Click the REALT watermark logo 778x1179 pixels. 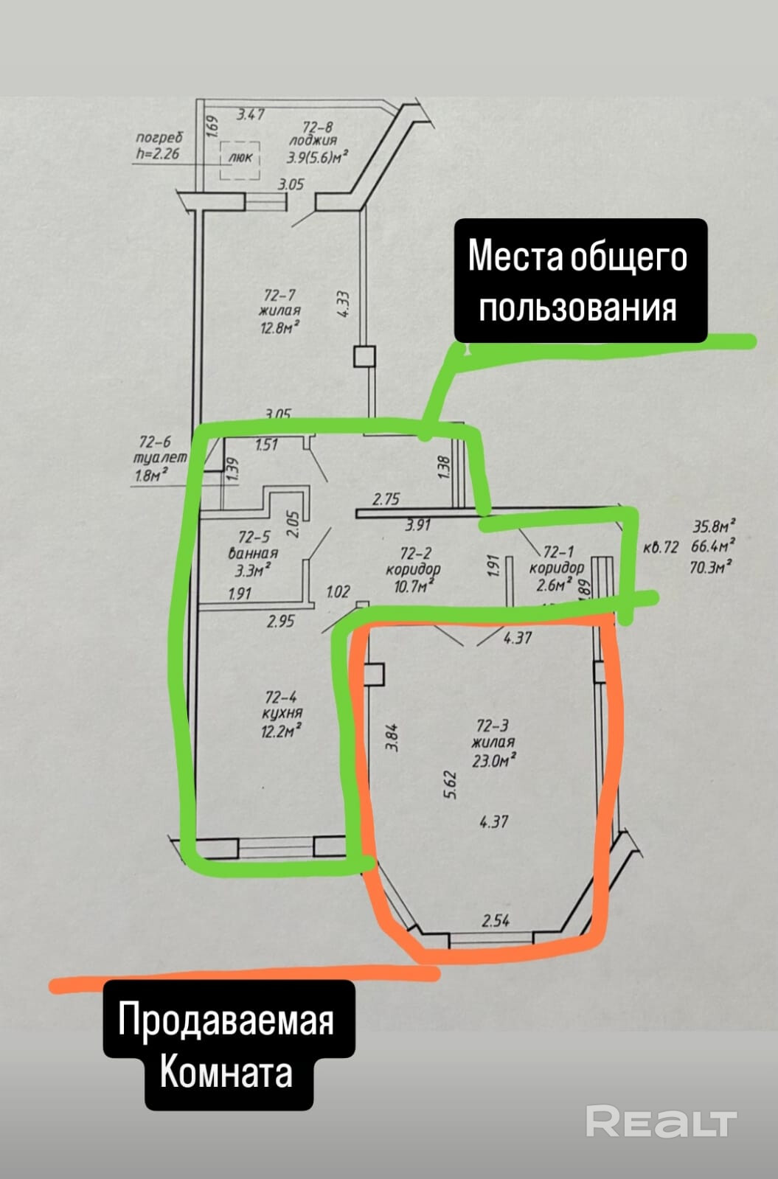pos(661,1121)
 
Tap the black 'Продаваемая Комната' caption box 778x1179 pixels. pos(226,1046)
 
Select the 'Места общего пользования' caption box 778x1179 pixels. pos(580,282)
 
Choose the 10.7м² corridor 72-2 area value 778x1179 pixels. pos(413,585)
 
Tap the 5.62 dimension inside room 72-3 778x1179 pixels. pos(451,785)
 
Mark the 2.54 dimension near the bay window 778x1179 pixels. pos(496,920)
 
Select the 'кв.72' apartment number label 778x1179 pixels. pos(660,548)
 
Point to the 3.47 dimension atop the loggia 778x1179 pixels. pos(250,115)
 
